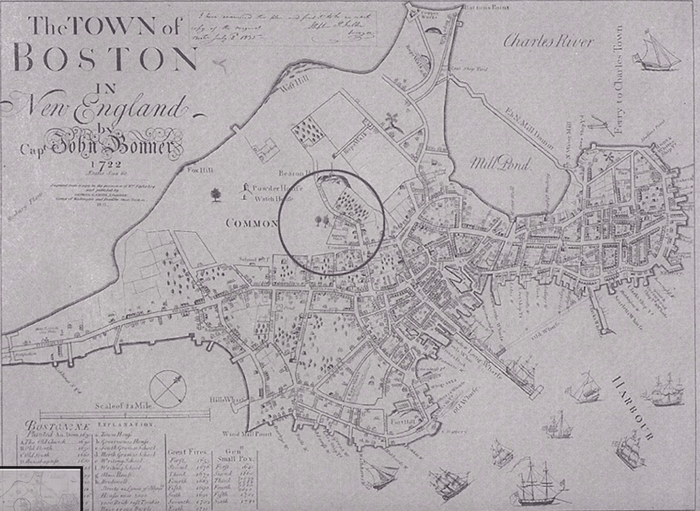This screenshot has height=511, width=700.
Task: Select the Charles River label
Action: (x=548, y=41)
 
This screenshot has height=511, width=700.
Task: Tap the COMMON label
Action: (x=252, y=223)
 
